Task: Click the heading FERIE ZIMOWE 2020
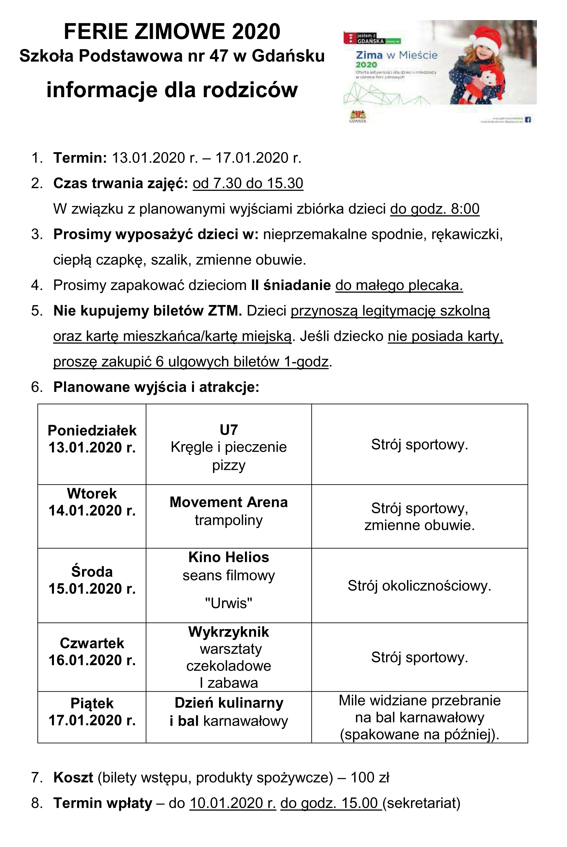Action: pos(172,32)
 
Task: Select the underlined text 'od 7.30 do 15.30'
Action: pos(248,183)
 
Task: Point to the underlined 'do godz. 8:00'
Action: pos(435,209)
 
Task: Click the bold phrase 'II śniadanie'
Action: pos(291,285)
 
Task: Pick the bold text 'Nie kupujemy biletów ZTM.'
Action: pos(148,311)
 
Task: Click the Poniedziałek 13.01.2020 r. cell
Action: pos(92,439)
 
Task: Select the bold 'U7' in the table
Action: pos(228,430)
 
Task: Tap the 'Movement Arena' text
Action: pos(228,502)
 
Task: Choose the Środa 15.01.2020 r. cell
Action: pos(92,580)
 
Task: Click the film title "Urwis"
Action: pos(228,603)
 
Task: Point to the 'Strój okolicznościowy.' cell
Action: pos(419,585)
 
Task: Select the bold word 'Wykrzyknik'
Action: pos(228,632)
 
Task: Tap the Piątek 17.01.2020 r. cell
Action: pos(92,712)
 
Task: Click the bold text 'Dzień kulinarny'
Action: pos(228,703)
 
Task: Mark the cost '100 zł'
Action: pos(370,777)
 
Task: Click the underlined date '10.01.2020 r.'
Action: pos(233,803)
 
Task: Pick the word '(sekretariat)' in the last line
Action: pos(421,803)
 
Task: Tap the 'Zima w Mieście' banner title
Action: pos(396,55)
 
